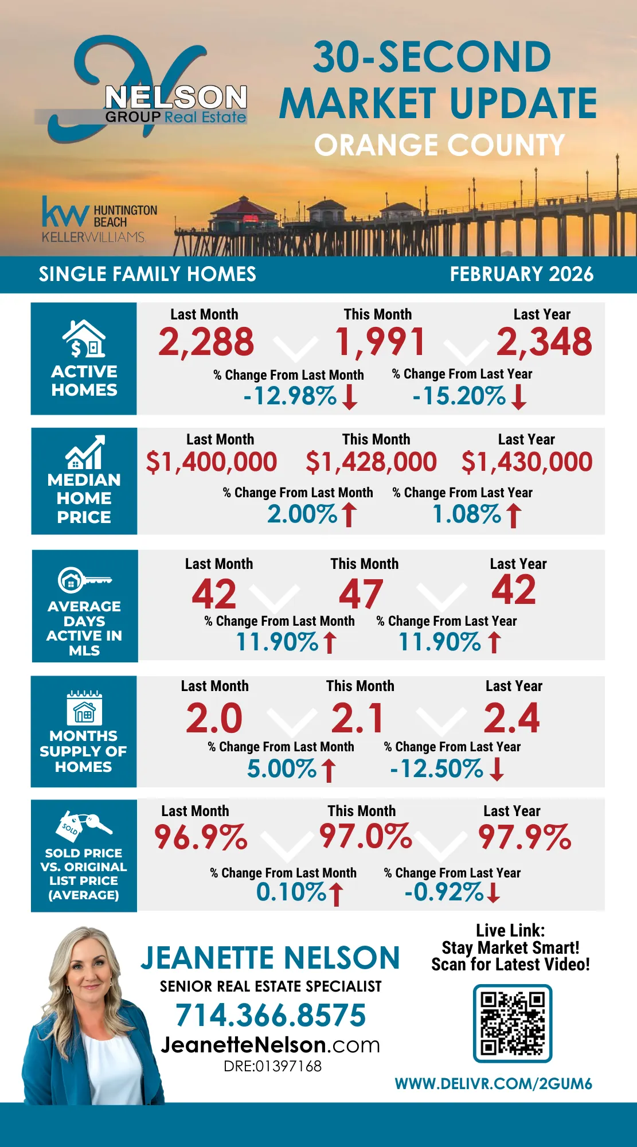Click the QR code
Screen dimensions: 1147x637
512,1024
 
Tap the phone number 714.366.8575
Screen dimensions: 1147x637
271,1015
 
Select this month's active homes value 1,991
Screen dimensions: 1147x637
380,342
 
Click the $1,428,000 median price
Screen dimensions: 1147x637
371,462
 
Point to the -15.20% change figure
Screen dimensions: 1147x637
459,396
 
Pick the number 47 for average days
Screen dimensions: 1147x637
361,594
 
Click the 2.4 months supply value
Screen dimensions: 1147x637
511,718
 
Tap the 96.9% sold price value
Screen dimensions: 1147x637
201,837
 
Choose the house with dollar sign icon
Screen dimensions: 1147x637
84,339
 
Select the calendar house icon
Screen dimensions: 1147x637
84,708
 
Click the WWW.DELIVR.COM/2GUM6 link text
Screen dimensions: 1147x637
493,1084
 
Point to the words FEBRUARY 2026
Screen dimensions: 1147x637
521,274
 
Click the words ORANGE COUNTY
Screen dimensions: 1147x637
439,145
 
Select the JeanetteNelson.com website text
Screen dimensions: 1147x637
270,1045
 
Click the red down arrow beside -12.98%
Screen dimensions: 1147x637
350,397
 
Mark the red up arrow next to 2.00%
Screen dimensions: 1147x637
349,514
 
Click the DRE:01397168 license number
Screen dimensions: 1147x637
272,1066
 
